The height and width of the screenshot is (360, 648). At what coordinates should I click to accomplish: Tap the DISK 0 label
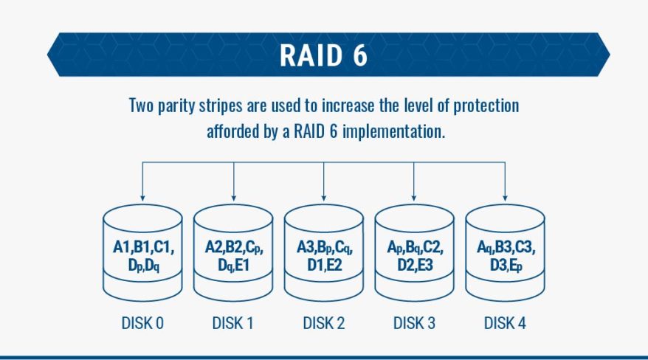(x=142, y=323)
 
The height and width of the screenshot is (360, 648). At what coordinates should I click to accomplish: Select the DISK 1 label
(x=233, y=323)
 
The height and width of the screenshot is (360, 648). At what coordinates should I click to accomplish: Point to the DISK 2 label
(x=324, y=323)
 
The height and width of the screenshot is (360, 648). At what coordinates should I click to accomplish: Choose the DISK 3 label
(x=414, y=323)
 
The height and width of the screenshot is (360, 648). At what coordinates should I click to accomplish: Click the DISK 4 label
(x=505, y=323)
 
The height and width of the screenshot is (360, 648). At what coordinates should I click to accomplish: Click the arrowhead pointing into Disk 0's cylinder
(x=142, y=198)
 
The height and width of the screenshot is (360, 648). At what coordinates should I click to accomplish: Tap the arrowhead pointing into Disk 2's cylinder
(x=324, y=198)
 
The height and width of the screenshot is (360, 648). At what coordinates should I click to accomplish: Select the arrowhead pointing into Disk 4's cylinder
(x=505, y=198)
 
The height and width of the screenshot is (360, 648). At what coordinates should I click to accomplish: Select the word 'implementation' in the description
(x=394, y=133)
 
